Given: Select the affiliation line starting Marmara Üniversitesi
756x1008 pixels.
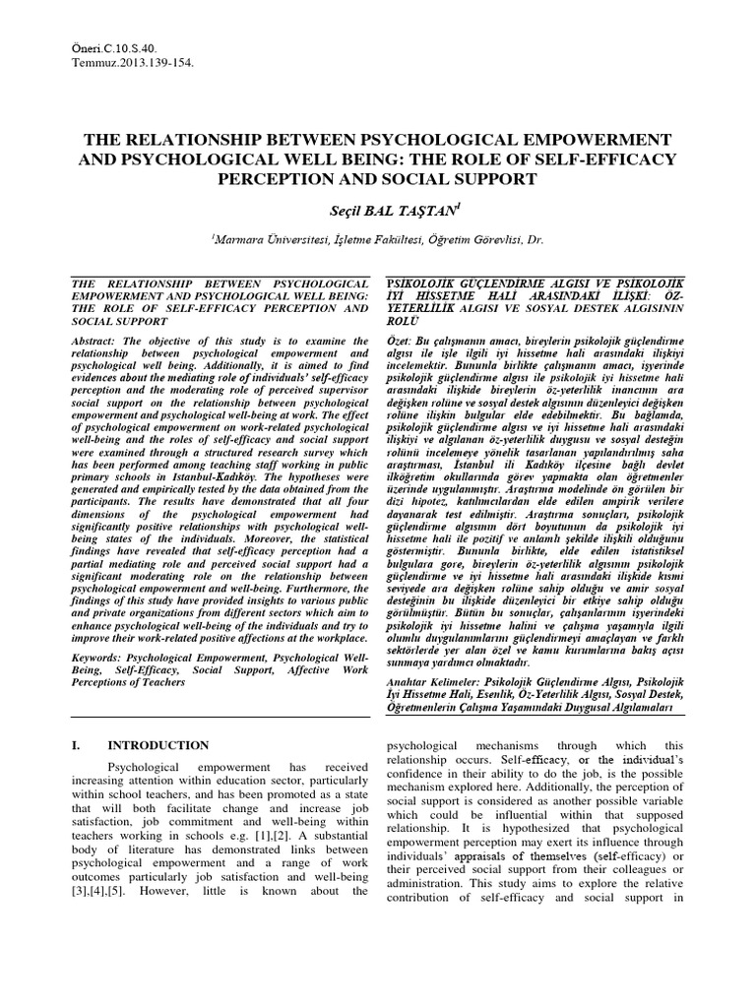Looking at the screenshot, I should tap(378, 239).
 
